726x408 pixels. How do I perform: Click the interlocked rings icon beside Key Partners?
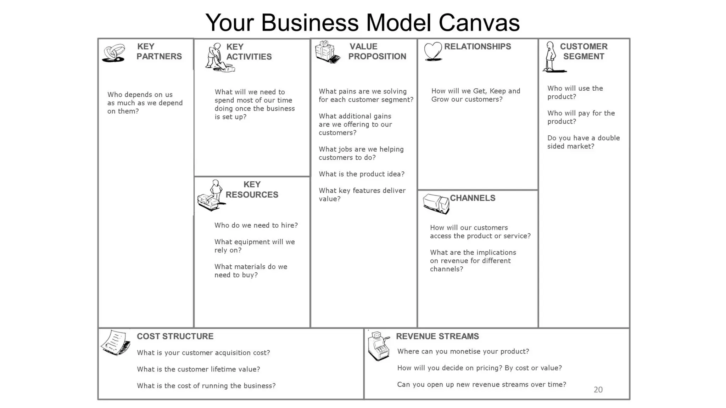114,53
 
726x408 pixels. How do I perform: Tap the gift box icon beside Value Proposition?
327,52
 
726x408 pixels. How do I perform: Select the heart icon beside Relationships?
433,51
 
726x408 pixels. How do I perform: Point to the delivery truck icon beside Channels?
436,204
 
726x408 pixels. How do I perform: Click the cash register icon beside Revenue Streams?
378,346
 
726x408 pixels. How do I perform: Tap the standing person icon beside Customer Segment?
551,57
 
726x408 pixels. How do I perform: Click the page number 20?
598,390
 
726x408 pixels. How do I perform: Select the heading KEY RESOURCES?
252,189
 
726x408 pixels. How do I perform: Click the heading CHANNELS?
473,198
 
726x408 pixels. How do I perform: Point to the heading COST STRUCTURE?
175,336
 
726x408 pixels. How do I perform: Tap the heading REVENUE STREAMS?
437,336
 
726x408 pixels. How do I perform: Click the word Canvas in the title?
479,23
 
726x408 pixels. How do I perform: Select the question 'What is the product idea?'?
361,174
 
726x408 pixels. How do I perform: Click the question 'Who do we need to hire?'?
256,225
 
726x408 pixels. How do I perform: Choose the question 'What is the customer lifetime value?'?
199,369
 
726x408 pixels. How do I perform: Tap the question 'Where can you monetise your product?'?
463,351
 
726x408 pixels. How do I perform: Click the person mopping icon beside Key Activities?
218,58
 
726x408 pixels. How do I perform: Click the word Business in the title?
310,23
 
